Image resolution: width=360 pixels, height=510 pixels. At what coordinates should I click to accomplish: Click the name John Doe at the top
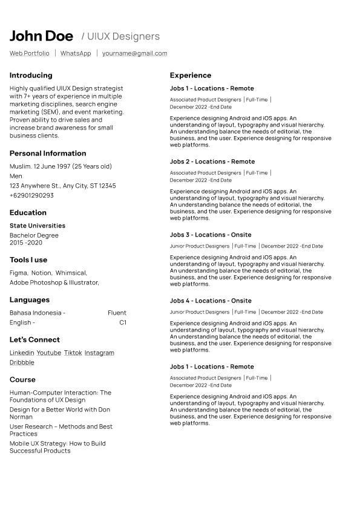(x=41, y=36)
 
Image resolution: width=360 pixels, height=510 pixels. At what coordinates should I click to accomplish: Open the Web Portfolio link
(x=30, y=53)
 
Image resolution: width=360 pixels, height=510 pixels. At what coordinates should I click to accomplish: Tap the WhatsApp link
(x=76, y=53)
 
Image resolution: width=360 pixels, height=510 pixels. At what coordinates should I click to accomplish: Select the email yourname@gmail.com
(x=134, y=53)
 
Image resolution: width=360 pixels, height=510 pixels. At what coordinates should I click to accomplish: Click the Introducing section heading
(x=31, y=76)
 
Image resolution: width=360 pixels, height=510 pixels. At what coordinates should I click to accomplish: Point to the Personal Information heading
(x=48, y=154)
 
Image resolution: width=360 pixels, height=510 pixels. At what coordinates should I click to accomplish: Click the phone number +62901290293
(x=31, y=195)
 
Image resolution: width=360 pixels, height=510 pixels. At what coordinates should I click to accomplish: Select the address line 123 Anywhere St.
(x=63, y=186)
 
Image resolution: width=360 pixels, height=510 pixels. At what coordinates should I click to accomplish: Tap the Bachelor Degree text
(x=34, y=235)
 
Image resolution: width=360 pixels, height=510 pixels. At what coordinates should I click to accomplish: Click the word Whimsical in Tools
(x=71, y=273)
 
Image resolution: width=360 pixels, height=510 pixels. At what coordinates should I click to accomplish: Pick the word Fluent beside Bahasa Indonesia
(x=117, y=313)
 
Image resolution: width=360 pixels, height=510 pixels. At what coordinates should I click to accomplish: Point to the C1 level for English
(x=123, y=322)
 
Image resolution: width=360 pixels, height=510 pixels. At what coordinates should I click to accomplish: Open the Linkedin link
(x=22, y=353)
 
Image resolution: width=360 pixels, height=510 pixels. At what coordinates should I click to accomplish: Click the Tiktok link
(x=73, y=353)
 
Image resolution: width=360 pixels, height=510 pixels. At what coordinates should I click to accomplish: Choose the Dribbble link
(x=22, y=362)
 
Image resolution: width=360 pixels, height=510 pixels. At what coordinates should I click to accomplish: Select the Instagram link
(x=99, y=353)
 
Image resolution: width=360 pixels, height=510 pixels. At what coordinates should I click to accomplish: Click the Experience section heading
(x=191, y=76)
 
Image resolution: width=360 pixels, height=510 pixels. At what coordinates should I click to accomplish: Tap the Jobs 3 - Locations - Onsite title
(x=211, y=235)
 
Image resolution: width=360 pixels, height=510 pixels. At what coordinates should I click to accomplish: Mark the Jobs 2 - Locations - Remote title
(x=212, y=162)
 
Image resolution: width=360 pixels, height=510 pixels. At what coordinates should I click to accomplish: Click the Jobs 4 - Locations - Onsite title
(x=211, y=301)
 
